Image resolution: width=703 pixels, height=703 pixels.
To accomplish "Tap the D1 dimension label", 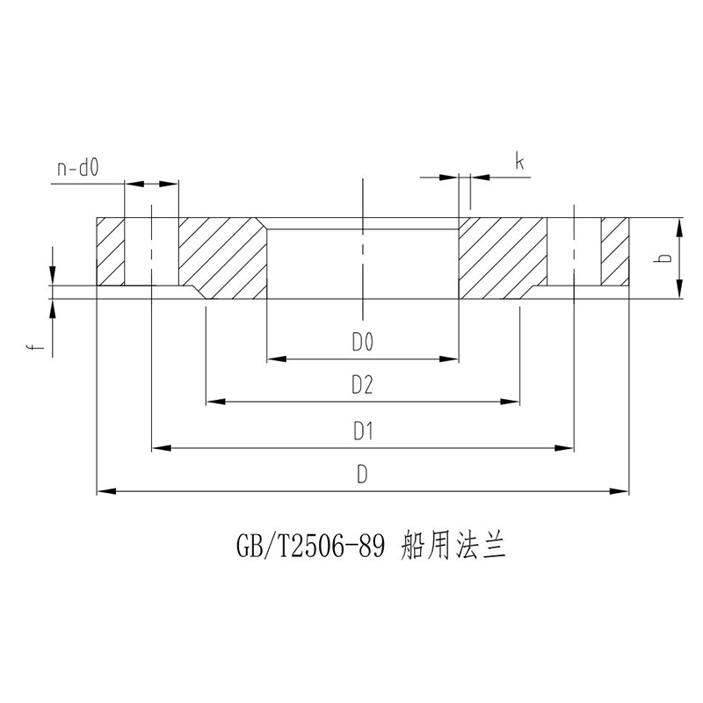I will click(x=363, y=431).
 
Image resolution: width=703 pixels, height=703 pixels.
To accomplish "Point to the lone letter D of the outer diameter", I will click(x=362, y=475).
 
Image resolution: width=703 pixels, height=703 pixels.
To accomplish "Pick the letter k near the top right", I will click(x=520, y=162).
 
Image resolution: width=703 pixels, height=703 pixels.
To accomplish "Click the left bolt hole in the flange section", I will click(x=151, y=251).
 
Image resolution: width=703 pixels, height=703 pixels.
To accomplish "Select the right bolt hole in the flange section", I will click(x=573, y=251).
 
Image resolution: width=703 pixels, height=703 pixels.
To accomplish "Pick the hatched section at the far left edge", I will click(x=110, y=251).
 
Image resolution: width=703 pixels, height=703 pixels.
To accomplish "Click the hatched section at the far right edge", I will click(x=615, y=251).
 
